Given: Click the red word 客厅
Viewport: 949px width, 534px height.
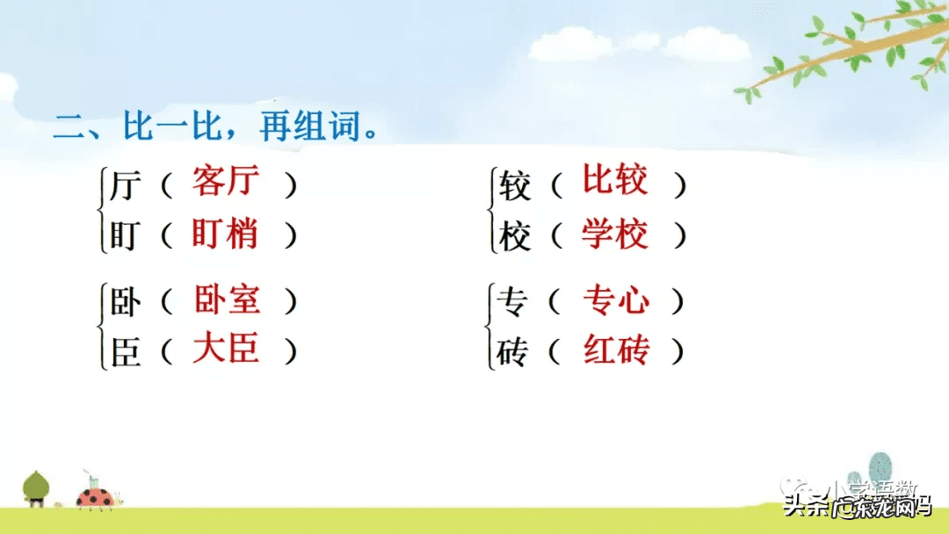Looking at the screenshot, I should pos(227,183).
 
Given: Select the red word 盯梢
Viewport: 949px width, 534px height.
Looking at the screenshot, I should pos(226,235).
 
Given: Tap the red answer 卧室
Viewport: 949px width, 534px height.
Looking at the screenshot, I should pos(227,300).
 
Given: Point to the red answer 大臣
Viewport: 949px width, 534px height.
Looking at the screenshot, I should pos(227,350).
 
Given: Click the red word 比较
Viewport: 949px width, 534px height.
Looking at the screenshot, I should pos(615,181).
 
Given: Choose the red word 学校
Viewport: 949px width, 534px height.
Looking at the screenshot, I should pos(615,235).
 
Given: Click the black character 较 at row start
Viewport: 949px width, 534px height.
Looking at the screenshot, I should pos(515,185).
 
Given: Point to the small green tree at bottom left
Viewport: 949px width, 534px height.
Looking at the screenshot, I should pos(36,487).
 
